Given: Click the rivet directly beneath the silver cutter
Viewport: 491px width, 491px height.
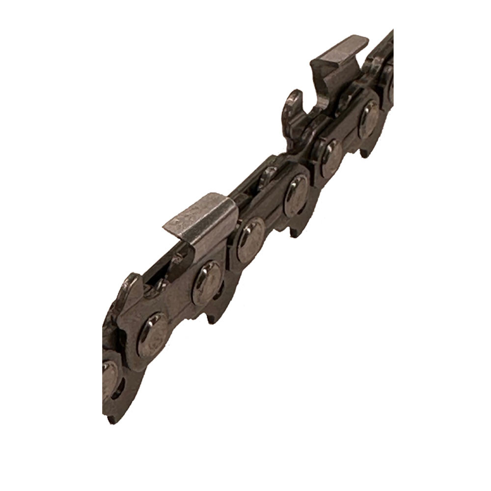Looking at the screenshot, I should tap(206, 282).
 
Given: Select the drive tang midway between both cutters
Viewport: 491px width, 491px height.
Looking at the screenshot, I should tap(295, 231).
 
